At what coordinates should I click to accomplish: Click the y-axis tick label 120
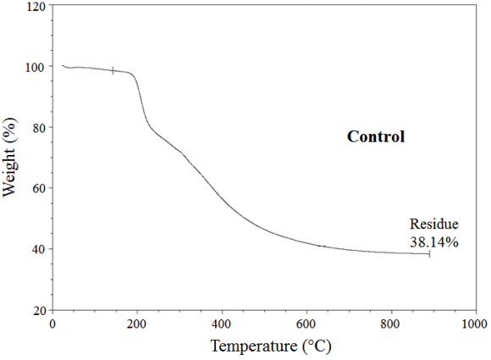tap(36, 7)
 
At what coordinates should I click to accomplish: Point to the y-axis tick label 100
tap(36, 67)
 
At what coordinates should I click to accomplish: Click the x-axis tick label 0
tap(52, 324)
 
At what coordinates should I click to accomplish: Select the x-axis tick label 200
tap(137, 324)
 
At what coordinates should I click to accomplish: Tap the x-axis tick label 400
tap(222, 324)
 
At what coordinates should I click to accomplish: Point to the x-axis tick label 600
tap(306, 324)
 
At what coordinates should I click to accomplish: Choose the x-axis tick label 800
tap(390, 324)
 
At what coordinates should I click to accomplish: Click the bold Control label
tap(376, 136)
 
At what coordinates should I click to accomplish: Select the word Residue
tap(434, 224)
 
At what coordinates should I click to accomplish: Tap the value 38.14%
tap(434, 241)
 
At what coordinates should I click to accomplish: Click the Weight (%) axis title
tap(11, 158)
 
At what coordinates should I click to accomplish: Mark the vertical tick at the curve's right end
tap(429, 253)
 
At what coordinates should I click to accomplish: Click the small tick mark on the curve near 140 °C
tap(113, 70)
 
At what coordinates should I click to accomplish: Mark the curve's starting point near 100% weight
tap(62, 64)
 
